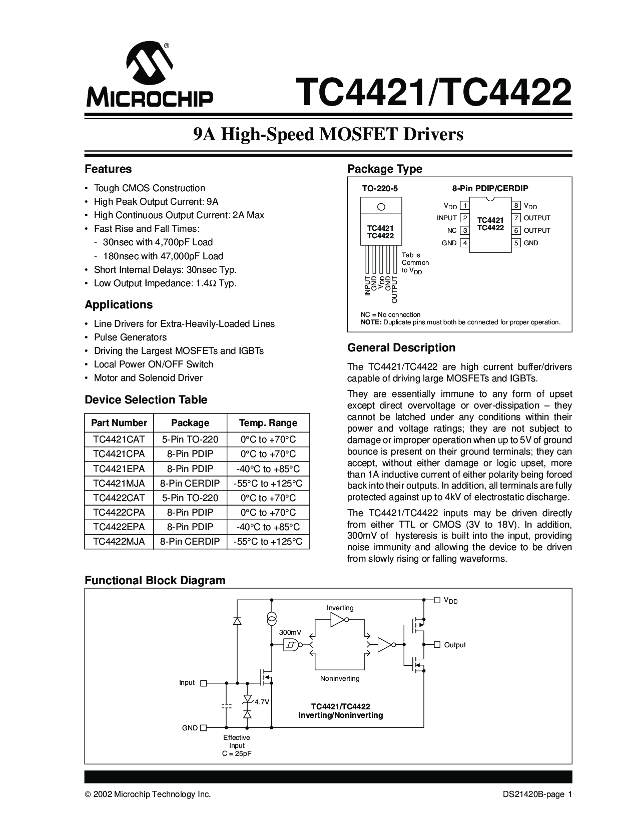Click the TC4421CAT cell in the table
119,440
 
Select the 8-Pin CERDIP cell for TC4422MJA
190,542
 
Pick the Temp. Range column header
268,423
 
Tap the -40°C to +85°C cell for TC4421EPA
268,469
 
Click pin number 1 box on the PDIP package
464,206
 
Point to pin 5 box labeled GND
516,243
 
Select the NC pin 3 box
464,231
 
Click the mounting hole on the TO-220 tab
381,206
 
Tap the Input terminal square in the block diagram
204,683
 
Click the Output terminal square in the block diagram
437,645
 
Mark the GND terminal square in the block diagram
204,728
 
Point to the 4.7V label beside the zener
262,702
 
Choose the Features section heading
108,169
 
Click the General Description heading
401,348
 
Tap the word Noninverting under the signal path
340,679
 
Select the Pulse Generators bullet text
130,337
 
